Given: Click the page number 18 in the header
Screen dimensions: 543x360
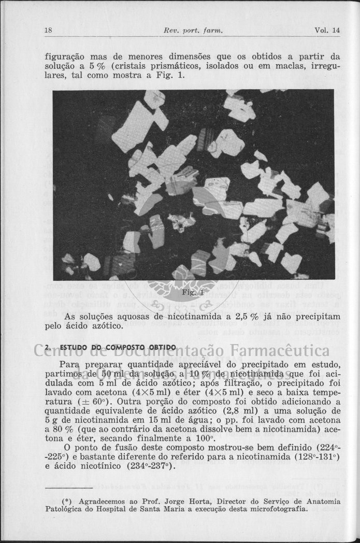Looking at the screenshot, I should pyautogui.click(x=48, y=31).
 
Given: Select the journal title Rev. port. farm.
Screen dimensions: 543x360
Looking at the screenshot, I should pyautogui.click(x=193, y=31).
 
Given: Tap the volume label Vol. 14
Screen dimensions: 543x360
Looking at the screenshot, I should pyautogui.click(x=327, y=31).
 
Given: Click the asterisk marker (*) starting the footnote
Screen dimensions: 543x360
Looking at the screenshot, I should pyautogui.click(x=67, y=501).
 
